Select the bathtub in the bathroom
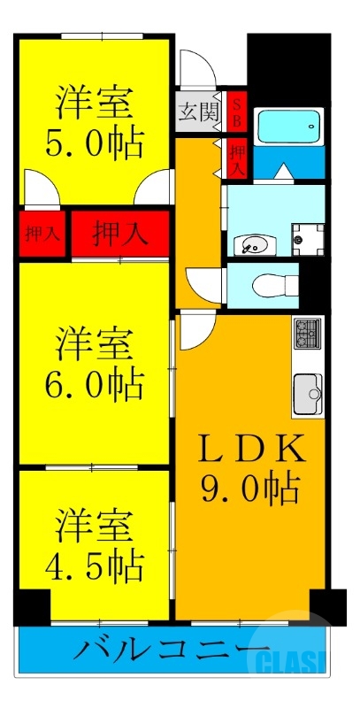click(289, 127)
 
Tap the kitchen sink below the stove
click(307, 389)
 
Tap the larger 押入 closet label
click(120, 234)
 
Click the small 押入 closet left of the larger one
click(42, 235)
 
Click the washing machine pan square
click(307, 235)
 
